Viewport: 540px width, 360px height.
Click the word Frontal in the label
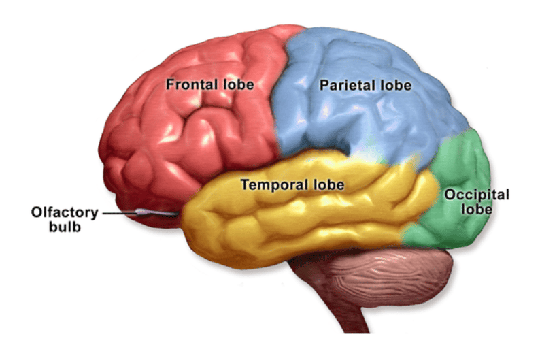tap(192, 84)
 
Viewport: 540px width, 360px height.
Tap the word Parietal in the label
tap(347, 85)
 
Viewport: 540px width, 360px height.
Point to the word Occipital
tap(477, 195)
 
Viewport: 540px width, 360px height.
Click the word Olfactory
tap(65, 212)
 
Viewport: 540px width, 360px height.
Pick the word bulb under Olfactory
tap(65, 227)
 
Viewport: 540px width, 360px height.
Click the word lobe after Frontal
tap(238, 84)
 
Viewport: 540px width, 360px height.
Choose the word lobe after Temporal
tap(328, 184)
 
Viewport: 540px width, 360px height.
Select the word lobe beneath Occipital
tap(477, 209)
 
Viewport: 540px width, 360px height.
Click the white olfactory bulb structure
tap(157, 212)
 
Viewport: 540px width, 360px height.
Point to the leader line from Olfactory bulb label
tap(120, 213)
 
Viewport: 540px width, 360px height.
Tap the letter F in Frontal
tap(170, 84)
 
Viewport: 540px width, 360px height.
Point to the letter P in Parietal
tap(324, 85)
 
